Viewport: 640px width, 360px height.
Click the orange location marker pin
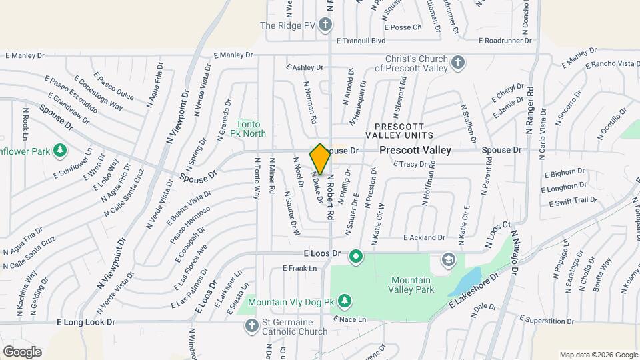[x=320, y=159]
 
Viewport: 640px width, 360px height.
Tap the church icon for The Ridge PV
[x=325, y=26]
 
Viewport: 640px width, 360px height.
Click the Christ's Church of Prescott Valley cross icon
[x=457, y=63]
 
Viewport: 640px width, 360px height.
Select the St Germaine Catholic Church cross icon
[x=251, y=326]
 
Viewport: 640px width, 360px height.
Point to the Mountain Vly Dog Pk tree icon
[x=344, y=303]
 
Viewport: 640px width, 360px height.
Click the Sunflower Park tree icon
[x=61, y=149]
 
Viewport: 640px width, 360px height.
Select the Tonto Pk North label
[x=251, y=129]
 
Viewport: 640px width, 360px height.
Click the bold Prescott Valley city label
[x=415, y=151]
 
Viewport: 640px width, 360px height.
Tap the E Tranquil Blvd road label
[x=361, y=41]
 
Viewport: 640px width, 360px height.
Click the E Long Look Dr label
[x=86, y=322]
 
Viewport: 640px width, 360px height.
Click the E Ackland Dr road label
[x=424, y=237]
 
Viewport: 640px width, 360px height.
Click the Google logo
[x=22, y=352]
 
